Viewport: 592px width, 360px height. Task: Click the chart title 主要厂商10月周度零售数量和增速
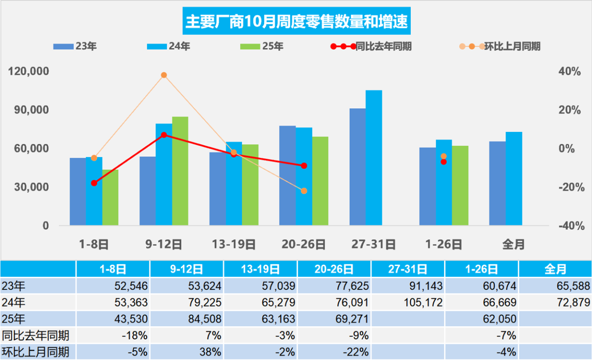click(x=296, y=21)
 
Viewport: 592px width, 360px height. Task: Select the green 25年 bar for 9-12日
click(x=180, y=171)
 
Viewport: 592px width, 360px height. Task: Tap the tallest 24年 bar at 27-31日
click(x=374, y=157)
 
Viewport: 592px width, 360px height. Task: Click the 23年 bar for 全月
click(x=497, y=183)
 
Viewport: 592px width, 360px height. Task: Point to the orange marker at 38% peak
click(x=164, y=75)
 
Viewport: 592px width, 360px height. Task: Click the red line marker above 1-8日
click(x=94, y=183)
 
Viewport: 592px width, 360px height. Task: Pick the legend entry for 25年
click(x=262, y=46)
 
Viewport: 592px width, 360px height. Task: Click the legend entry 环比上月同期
click(x=499, y=46)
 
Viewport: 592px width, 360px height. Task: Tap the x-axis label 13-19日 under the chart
click(x=233, y=244)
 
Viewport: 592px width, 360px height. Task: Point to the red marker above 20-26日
click(x=304, y=166)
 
